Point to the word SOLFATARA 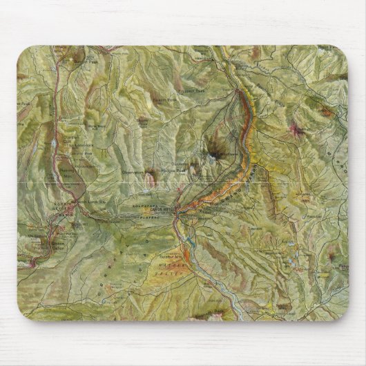point(144,205)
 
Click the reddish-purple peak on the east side point(298,129)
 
